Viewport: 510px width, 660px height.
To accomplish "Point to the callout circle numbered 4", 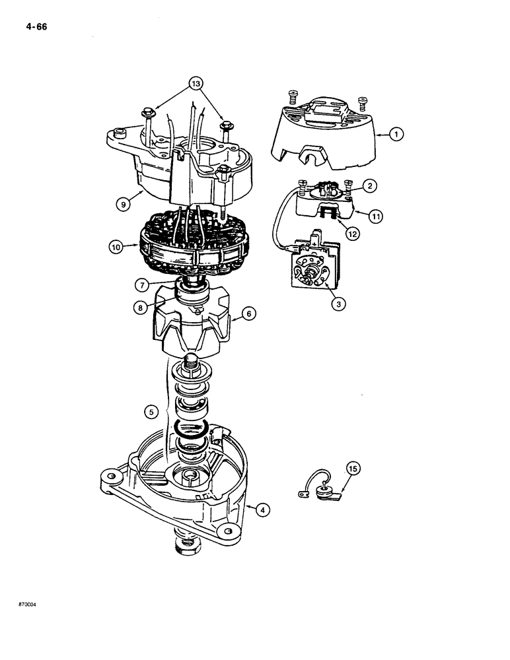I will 263,509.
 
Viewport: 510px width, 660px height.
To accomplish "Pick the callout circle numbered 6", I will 250,315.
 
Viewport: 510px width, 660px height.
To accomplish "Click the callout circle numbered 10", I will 117,248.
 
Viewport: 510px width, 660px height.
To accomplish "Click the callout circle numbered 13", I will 194,83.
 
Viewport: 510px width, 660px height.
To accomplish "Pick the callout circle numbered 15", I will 353,469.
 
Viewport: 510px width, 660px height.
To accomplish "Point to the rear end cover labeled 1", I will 324,135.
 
